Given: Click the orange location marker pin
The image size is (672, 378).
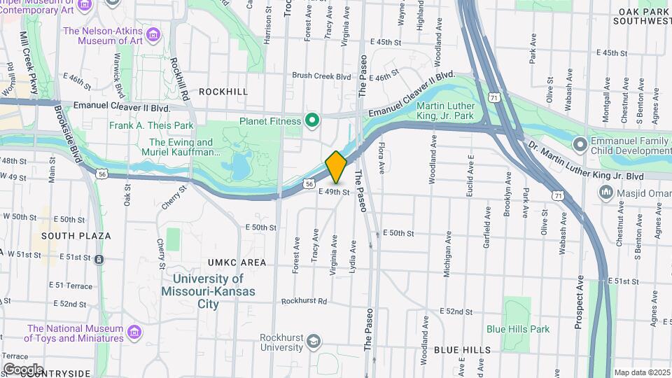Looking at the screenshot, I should [336, 167].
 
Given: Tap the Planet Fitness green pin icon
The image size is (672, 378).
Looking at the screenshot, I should [311, 121].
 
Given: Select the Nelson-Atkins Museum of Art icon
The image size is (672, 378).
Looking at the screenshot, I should [156, 32].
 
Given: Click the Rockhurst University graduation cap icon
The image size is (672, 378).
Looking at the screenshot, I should [313, 342].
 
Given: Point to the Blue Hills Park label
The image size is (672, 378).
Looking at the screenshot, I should [518, 329].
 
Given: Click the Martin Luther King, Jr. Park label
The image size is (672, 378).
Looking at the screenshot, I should [446, 111].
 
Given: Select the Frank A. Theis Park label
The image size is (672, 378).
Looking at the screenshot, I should [151, 126].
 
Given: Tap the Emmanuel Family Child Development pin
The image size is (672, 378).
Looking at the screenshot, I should [579, 144].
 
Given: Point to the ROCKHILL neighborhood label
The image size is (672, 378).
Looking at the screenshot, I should [223, 92].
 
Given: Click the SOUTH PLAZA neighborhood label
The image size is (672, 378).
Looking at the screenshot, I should [76, 236].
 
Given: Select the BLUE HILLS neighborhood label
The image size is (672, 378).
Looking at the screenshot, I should [462, 350].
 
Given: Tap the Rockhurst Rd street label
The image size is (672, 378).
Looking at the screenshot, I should [304, 302].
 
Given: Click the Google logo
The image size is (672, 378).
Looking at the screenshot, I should [23, 370].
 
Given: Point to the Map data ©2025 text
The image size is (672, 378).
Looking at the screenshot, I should [641, 372].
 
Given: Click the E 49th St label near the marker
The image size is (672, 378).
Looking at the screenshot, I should [333, 191].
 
